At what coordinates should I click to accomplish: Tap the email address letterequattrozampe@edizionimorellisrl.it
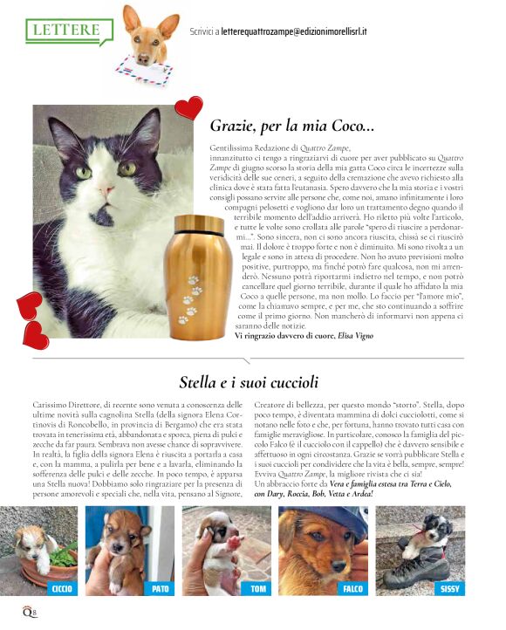click(x=302, y=31)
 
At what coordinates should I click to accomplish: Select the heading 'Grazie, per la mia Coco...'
click(x=291, y=126)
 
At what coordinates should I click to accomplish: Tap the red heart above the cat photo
click(x=188, y=108)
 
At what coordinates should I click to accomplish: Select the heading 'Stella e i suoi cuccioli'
click(x=248, y=381)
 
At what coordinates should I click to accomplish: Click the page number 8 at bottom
click(x=33, y=613)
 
